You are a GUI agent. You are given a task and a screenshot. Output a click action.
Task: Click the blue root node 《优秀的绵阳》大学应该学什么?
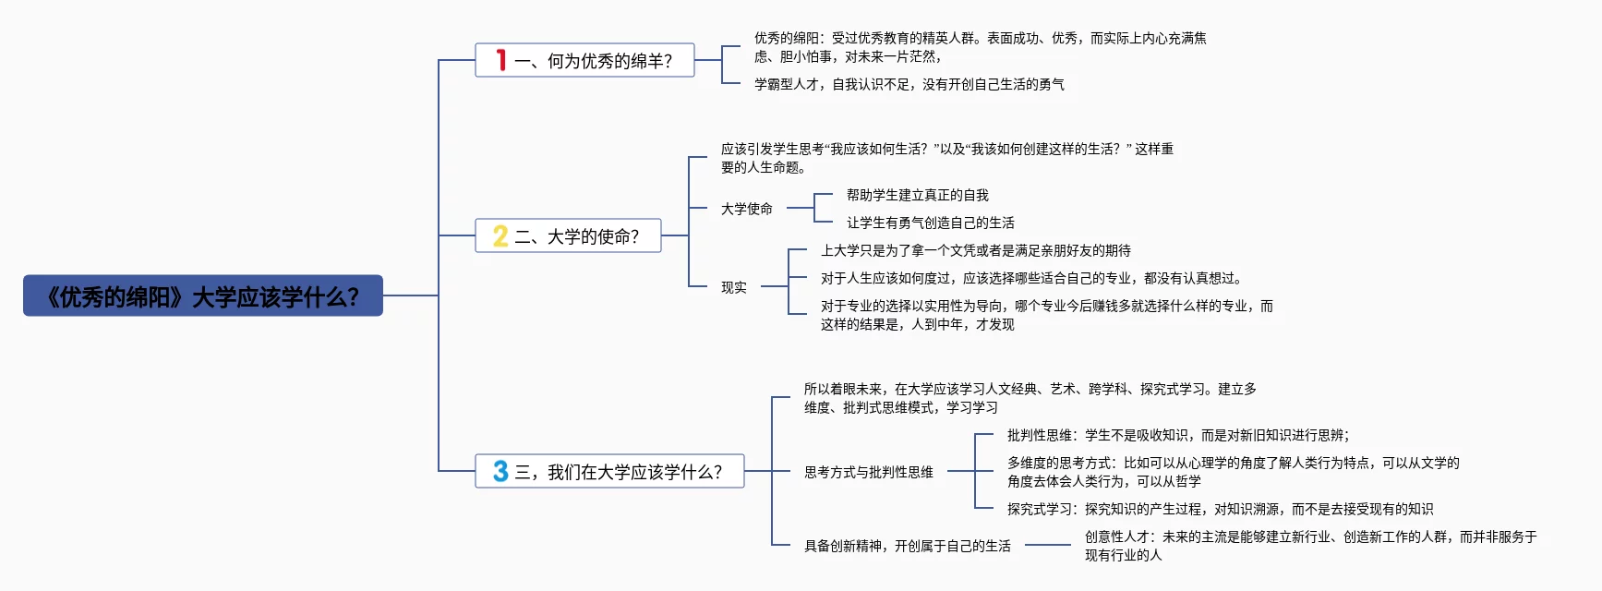[x=203, y=296]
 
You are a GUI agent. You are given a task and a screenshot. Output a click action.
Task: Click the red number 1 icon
[x=500, y=60]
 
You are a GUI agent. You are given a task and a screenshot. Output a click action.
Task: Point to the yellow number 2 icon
[x=500, y=236]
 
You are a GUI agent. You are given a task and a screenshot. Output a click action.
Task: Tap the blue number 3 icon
[x=500, y=472]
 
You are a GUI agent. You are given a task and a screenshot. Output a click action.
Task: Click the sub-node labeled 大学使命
[x=747, y=209]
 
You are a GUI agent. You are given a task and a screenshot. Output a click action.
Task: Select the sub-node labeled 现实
[x=734, y=287]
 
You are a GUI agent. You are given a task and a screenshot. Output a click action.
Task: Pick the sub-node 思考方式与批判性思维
[x=868, y=472]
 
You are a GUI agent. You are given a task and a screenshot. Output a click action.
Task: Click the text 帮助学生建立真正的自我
[x=917, y=195]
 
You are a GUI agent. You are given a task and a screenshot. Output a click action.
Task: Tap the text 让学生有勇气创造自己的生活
[x=930, y=223]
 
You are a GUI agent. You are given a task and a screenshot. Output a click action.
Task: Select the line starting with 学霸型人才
[x=909, y=84]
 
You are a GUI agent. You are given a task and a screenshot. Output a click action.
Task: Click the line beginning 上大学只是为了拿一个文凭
[x=975, y=250]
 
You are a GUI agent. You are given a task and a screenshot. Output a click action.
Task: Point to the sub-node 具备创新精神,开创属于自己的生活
[x=907, y=546]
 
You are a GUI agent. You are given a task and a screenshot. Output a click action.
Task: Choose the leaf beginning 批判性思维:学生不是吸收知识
[x=1177, y=435]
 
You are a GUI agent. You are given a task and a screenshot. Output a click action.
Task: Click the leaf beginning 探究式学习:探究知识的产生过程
[x=1220, y=509]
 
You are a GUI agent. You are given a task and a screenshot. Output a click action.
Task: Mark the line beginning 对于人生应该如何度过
[x=1031, y=278]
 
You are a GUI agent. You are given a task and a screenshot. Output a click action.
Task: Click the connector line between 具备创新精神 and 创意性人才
[x=1048, y=545]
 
